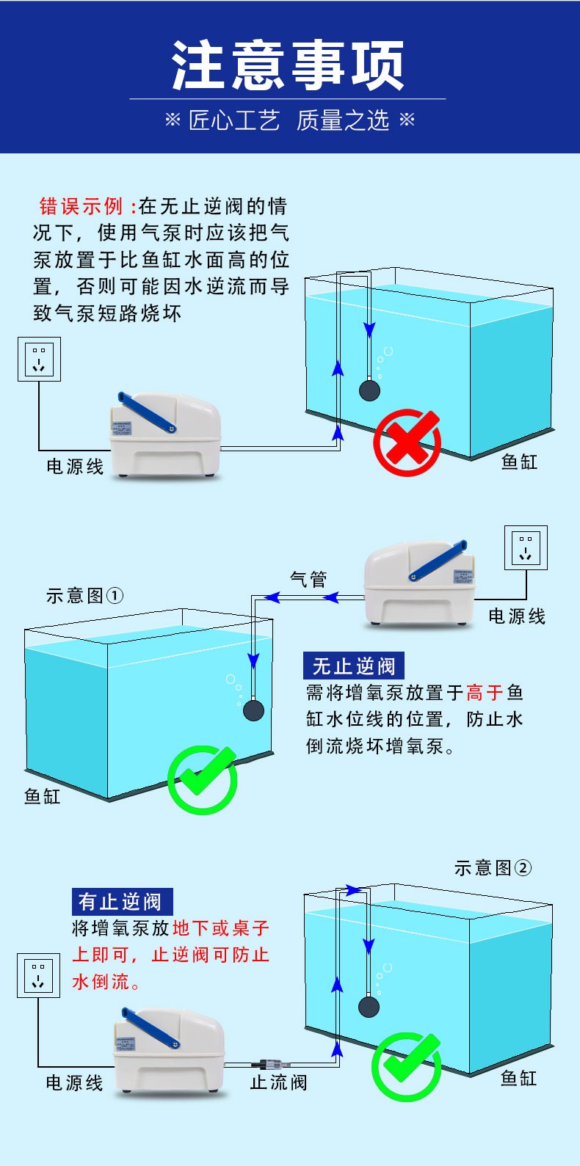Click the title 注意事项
pos(288,65)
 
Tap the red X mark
pos(407,442)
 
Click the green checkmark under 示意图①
pos(202,779)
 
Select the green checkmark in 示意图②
pos(406,1065)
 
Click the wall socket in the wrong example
pos(39,359)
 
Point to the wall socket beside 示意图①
pos(526,547)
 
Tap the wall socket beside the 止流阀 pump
pos(38,975)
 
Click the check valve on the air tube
pos(270,1064)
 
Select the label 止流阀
pos(278,1082)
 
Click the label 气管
pos(308,580)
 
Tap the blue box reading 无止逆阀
pos(354,666)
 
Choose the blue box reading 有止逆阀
pos(122,901)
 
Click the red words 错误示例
pos(81,206)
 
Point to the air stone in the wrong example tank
pos(369,390)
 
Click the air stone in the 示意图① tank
pos(253,710)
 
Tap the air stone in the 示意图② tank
pos(369,1005)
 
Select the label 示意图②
pos(493,868)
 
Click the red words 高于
pos(485,693)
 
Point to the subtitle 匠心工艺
pos(234,120)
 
